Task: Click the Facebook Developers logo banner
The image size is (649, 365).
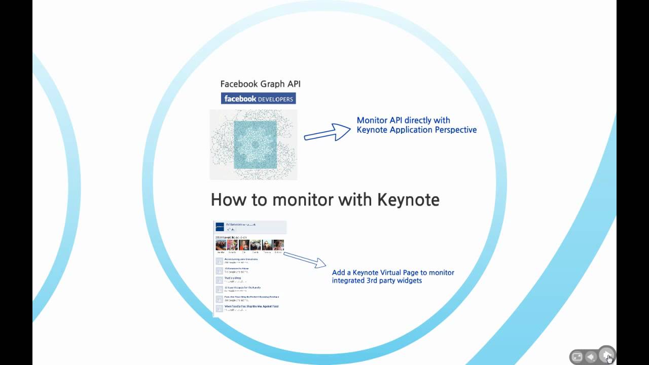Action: [258, 98]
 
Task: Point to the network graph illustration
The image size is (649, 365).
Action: [254, 145]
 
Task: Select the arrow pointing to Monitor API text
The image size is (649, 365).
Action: [327, 132]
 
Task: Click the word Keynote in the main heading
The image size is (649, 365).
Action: [408, 199]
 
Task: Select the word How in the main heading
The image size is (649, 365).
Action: [227, 199]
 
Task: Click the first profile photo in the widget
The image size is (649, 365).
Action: [221, 245]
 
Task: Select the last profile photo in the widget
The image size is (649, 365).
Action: [278, 245]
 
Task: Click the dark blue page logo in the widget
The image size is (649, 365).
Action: [220, 227]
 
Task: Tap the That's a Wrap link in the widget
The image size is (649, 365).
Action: [232, 278]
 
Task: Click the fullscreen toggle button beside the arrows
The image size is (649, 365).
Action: [577, 357]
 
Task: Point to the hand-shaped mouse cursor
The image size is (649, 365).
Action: [609, 358]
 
